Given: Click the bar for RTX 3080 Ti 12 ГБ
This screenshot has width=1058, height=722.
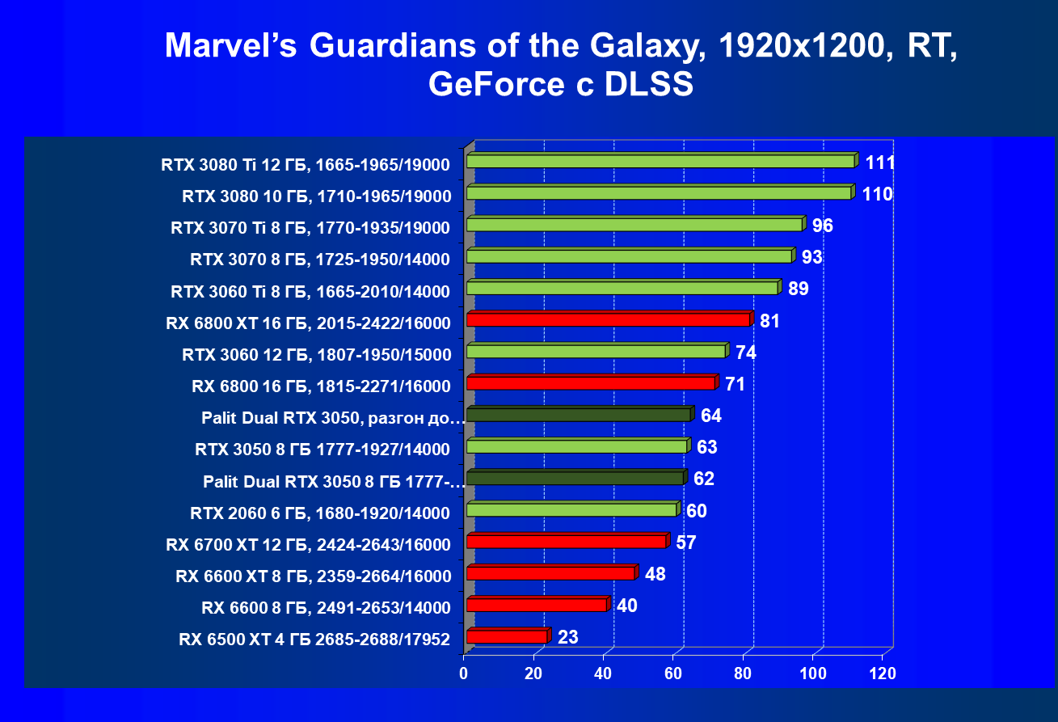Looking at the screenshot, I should pyautogui.click(x=660, y=162).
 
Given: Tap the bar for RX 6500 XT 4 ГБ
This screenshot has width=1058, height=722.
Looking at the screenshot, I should pyautogui.click(x=506, y=637).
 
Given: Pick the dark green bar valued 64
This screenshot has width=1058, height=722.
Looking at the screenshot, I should pyautogui.click(x=578, y=416).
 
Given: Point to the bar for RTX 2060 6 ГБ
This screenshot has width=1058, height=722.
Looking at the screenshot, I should pyautogui.click(x=571, y=510).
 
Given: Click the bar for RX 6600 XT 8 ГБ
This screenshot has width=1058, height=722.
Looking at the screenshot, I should pyautogui.click(x=550, y=573).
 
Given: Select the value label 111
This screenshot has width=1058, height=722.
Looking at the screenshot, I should pyautogui.click(x=879, y=163).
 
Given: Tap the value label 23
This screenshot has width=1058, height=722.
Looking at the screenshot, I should pyautogui.click(x=567, y=637).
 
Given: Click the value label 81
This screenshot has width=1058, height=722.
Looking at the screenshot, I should pyautogui.click(x=769, y=321).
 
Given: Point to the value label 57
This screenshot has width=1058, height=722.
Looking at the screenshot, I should pyautogui.click(x=686, y=543).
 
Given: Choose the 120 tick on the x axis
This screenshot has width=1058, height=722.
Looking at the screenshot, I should pyautogui.click(x=883, y=673).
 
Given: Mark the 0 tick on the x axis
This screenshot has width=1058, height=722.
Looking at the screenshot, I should pyautogui.click(x=464, y=673).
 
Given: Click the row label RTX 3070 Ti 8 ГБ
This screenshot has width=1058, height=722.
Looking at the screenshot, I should pyautogui.click(x=310, y=227).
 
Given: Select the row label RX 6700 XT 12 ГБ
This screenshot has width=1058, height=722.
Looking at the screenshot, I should pyautogui.click(x=308, y=544).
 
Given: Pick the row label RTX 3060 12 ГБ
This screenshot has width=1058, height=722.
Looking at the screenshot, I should pyautogui.click(x=316, y=354).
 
